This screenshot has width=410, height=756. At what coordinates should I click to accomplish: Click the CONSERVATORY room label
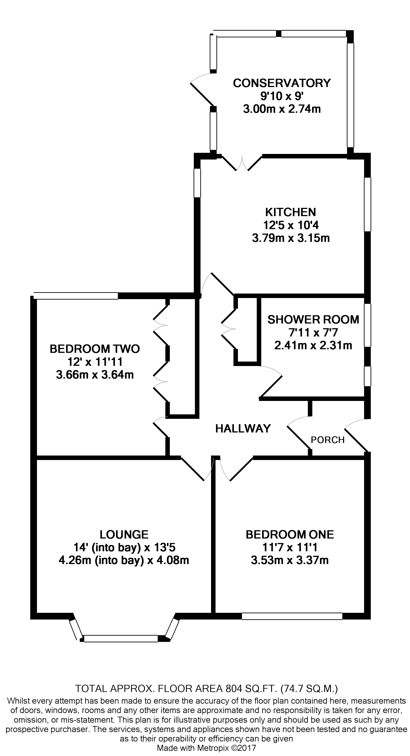coord(282,83)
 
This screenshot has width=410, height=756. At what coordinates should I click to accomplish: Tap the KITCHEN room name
coord(290,212)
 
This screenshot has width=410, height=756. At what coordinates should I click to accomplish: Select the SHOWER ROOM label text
coord(313,319)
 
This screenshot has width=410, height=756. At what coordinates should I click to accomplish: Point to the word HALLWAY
coord(243,429)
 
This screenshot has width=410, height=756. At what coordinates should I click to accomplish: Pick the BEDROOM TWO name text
coord(95,349)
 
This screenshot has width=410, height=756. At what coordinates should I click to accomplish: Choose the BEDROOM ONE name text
coord(290,535)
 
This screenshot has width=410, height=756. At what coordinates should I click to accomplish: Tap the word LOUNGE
coord(124,535)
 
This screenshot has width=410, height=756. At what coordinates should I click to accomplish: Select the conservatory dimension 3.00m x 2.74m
coord(282,109)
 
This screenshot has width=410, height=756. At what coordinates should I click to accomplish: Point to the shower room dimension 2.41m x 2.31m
coord(313,345)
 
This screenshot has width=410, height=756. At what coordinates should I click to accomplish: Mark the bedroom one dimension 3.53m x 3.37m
coord(290,560)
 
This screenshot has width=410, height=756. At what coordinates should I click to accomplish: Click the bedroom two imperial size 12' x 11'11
coord(95,362)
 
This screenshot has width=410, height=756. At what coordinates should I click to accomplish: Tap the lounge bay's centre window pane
coord(121,639)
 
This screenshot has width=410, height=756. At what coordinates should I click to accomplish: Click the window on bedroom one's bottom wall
coord(292,616)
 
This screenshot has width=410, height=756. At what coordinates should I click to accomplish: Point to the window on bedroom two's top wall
coord(76,296)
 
